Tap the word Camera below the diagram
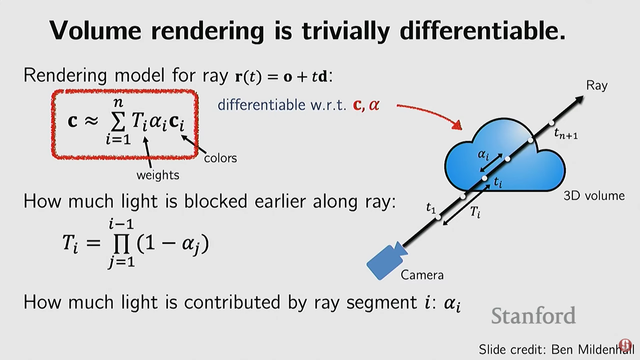422,275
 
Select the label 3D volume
594,196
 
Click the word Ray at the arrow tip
597,86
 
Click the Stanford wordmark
533,316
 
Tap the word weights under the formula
158,175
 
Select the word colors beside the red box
220,158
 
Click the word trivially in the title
346,31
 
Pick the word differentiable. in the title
482,31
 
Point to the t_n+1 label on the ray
565,134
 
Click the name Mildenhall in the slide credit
606,349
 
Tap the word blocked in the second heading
216,201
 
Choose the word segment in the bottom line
381,302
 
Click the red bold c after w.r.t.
357,105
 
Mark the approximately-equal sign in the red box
91,121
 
